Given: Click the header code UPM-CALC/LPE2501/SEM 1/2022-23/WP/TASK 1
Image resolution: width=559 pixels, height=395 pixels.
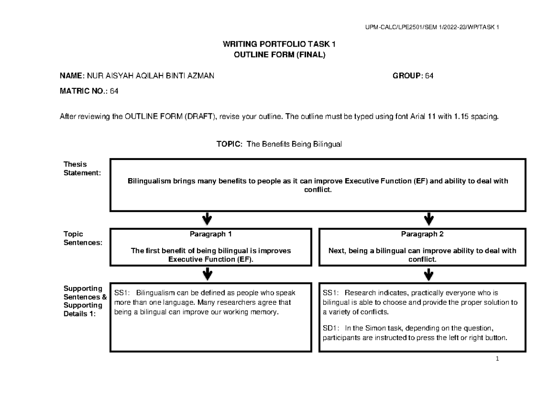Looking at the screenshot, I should click(x=433, y=27).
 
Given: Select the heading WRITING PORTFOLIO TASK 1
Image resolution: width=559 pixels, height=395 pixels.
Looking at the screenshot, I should click(x=279, y=45).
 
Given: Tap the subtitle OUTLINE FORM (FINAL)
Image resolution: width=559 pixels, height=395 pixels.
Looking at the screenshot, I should click(x=279, y=54).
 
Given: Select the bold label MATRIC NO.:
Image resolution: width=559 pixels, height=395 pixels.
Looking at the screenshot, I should click(x=83, y=92).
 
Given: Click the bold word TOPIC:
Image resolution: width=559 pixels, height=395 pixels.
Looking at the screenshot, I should click(x=229, y=145).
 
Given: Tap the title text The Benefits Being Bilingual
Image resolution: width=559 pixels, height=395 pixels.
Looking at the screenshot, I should click(x=294, y=145).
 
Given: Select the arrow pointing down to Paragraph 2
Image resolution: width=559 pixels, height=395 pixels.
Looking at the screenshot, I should click(x=429, y=219).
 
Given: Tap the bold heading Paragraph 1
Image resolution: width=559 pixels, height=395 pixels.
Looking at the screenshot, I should click(x=211, y=234).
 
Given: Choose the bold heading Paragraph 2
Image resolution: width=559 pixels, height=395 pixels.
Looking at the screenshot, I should click(x=423, y=234).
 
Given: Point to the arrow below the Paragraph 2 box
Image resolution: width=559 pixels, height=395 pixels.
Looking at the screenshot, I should click(x=429, y=274).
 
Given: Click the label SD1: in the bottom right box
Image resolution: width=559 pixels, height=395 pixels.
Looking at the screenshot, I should click(x=331, y=328).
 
